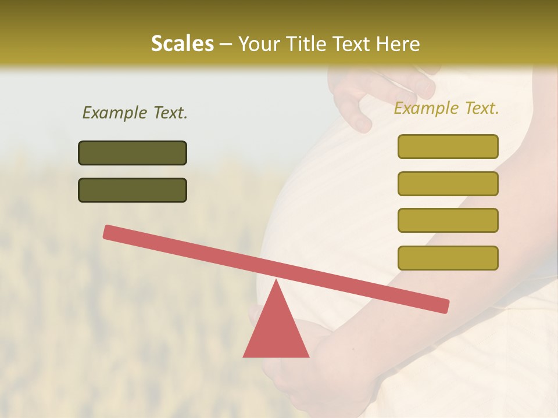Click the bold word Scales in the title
182,44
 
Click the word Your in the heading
259,44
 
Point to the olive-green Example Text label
135,113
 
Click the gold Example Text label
446,108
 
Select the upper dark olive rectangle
133,153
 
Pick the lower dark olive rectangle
133,190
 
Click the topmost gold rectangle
448,146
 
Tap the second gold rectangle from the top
448,183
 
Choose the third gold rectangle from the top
448,221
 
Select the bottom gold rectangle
448,258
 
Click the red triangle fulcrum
276,331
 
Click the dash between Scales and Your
226,44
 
